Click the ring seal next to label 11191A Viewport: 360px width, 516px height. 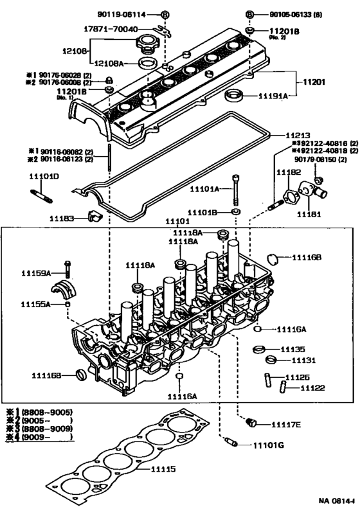click(233, 96)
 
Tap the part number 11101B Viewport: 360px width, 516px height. click(204, 211)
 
